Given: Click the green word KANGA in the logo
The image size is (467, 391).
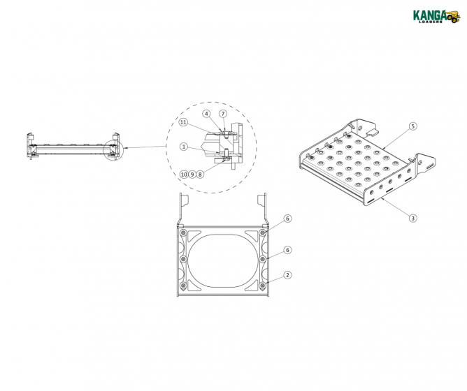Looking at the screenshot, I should pos(429,14).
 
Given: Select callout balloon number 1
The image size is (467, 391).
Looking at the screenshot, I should pos(183,147).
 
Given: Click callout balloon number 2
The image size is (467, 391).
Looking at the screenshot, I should pos(287,274).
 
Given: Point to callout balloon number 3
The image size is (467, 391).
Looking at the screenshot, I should pos(413,218).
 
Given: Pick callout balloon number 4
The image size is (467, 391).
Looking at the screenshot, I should pos(207,113).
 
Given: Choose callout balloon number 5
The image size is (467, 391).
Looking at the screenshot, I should pos(413,126).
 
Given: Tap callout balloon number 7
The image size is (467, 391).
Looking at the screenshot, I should pos(223,113).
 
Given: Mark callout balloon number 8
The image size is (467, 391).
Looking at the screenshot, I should pos(200,174).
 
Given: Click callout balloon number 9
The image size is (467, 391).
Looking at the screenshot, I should pos(192,174).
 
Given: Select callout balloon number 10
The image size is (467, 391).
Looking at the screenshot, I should pos(183,174).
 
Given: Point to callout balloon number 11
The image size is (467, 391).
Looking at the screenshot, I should pos(183,122).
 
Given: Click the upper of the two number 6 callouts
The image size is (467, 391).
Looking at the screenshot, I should pos(287,219).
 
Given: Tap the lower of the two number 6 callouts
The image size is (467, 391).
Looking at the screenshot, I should pos(287,249).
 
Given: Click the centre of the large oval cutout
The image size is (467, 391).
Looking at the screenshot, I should pos(223,259).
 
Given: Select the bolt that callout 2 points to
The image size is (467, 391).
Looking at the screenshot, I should pos(263,286).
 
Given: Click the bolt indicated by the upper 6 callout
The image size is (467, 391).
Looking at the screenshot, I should pos(263,233).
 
